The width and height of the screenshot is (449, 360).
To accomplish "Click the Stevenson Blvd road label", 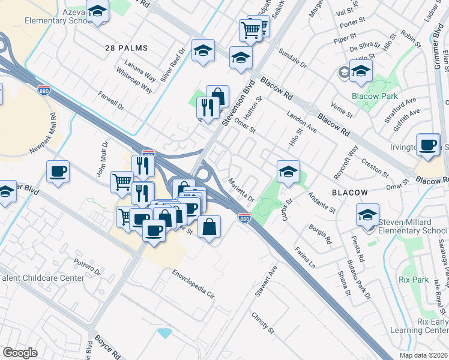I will [235, 103].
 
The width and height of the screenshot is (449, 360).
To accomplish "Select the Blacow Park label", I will [370, 95].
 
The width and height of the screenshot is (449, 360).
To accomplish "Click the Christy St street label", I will [262, 323].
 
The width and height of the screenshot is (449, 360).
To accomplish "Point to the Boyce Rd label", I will [107, 347].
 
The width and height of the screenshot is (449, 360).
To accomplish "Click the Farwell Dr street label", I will [112, 100].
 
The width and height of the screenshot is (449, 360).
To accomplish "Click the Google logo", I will [20, 353].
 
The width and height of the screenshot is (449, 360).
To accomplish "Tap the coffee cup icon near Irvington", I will [427, 145].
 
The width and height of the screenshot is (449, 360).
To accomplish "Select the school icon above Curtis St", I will [288, 171].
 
